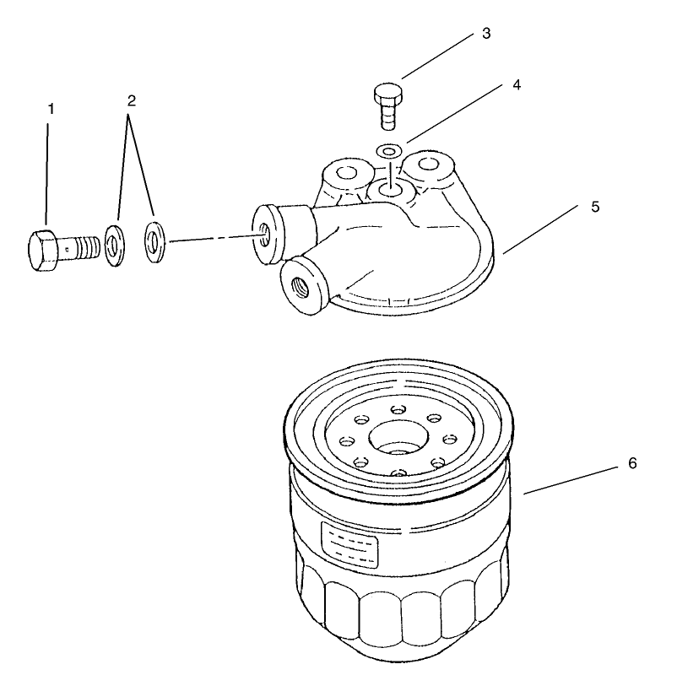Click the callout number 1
point(51,109)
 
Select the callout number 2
point(131,100)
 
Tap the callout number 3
point(485,35)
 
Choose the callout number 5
point(595,207)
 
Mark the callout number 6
point(632,463)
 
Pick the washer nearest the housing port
point(154,241)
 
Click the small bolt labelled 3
point(387,105)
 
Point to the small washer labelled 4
point(388,151)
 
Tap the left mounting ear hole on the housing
point(345,175)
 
